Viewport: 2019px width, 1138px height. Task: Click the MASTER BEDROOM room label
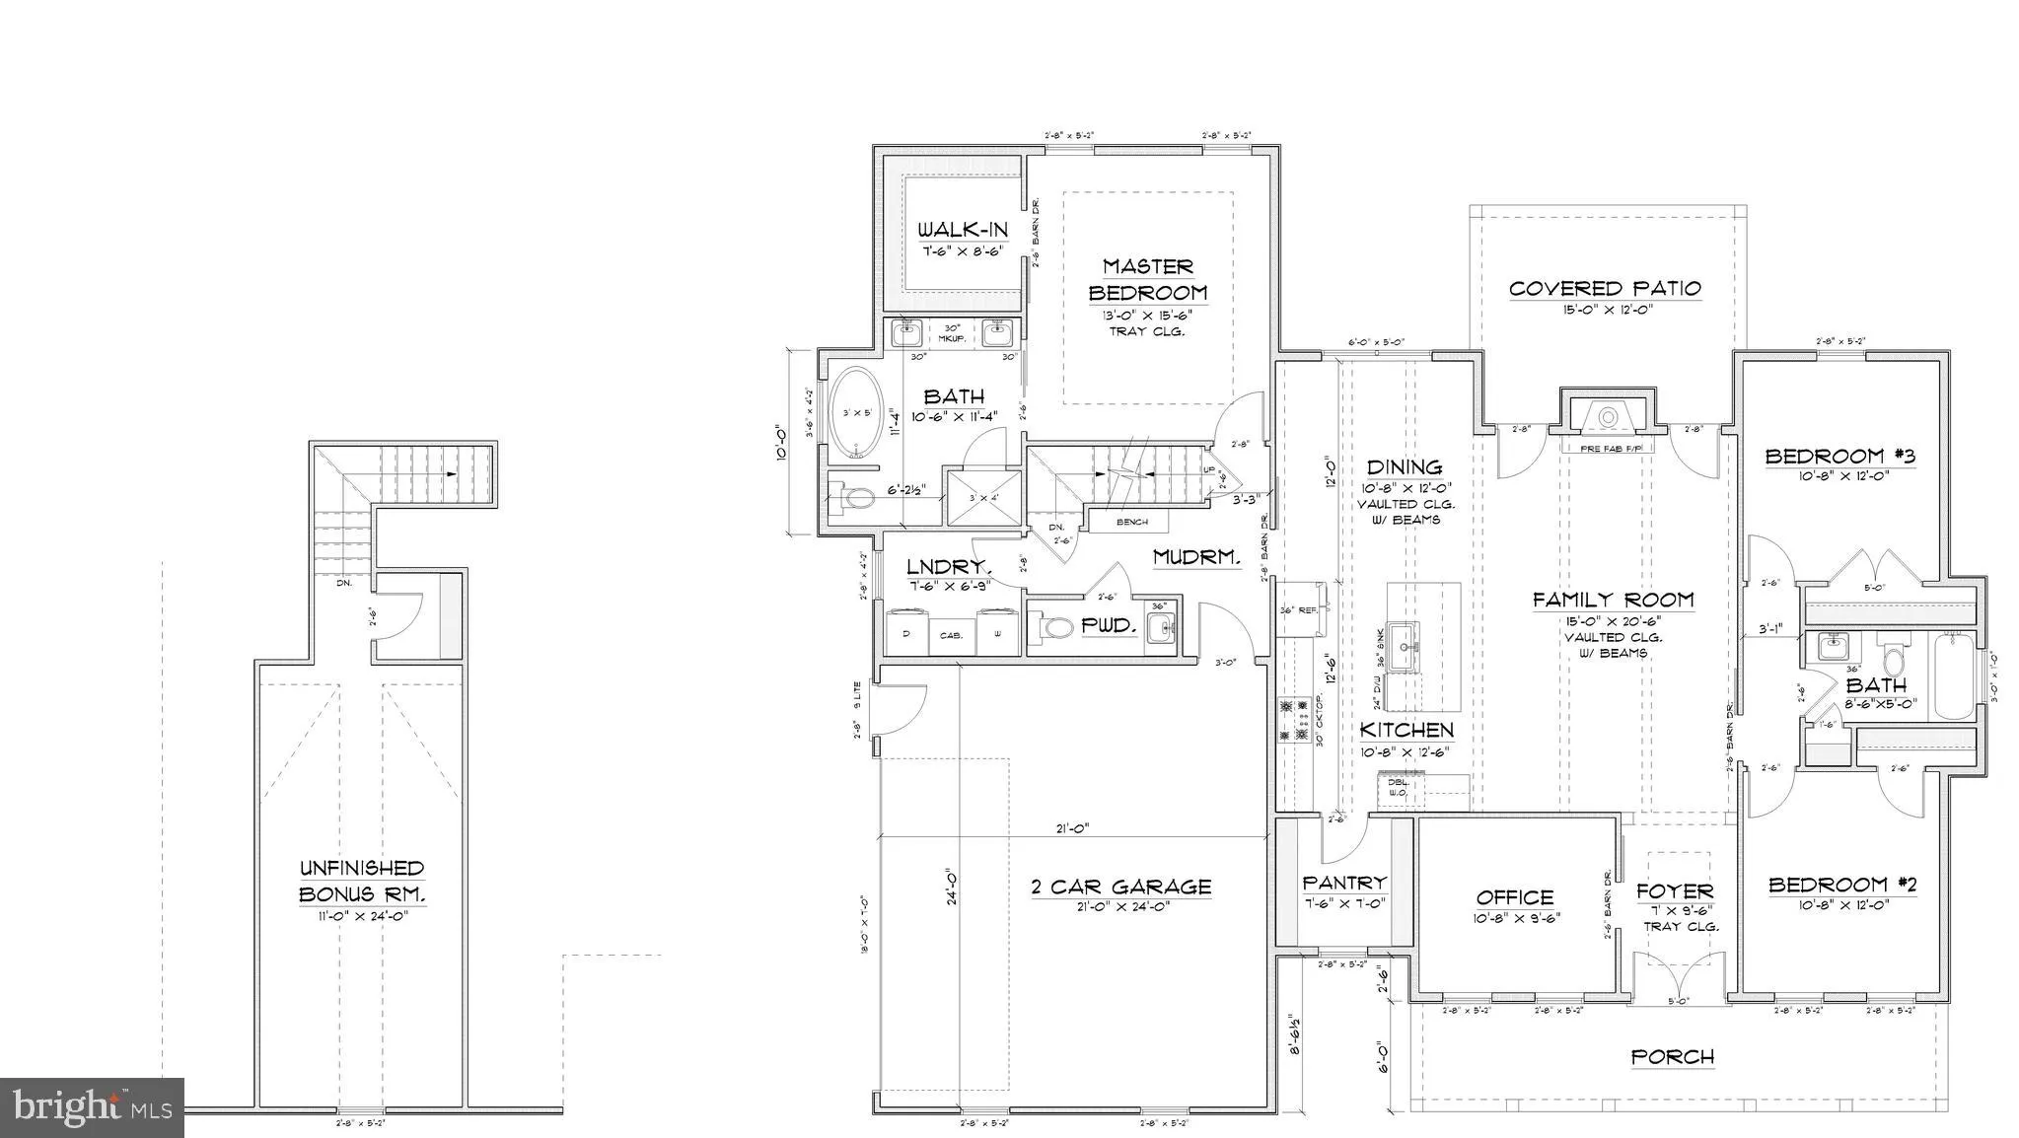coord(1147,280)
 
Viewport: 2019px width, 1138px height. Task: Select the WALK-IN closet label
coord(963,230)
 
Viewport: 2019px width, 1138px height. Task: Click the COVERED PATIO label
coord(1605,288)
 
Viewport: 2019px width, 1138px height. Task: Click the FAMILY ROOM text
coord(1613,600)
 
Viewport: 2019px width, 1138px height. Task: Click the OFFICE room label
coord(1515,897)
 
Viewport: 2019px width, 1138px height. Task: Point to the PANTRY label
coord(1344,883)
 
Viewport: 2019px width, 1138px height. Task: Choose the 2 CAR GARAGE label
coord(1120,887)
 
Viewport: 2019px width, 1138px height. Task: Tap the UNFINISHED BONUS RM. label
coord(361,881)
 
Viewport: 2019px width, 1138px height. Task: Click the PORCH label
coord(1673,1057)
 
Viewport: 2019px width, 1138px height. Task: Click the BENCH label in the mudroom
coord(1131,522)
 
